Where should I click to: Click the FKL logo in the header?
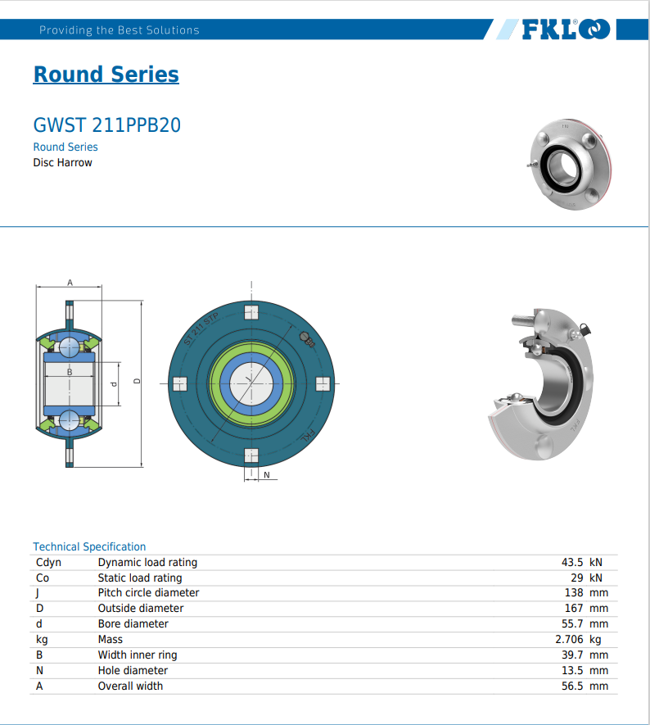point(566,30)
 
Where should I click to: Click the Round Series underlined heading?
point(106,75)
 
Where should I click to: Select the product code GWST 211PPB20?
point(106,125)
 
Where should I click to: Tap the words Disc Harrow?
point(62,162)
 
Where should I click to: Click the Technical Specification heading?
point(89,546)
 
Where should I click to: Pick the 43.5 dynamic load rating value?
point(572,562)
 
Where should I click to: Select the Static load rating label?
point(139,578)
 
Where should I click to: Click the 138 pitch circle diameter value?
point(574,592)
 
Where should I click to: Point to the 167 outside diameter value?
point(574,608)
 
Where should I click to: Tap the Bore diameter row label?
point(133,623)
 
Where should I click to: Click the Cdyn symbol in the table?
point(48,562)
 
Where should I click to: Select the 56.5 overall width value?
point(572,686)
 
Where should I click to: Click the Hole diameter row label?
point(133,670)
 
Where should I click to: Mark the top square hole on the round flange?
point(251,312)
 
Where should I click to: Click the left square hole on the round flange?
point(180,383)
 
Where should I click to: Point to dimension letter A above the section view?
point(70,283)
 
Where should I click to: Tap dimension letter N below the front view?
point(266,475)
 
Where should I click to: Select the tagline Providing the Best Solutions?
point(120,30)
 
